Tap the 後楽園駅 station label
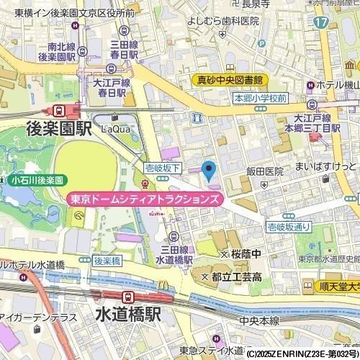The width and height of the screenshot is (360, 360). pos(59,129)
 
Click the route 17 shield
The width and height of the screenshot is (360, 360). pos(320,24)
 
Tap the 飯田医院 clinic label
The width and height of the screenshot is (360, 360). pos(264,171)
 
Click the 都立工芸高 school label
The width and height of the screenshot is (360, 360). pos(238,276)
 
